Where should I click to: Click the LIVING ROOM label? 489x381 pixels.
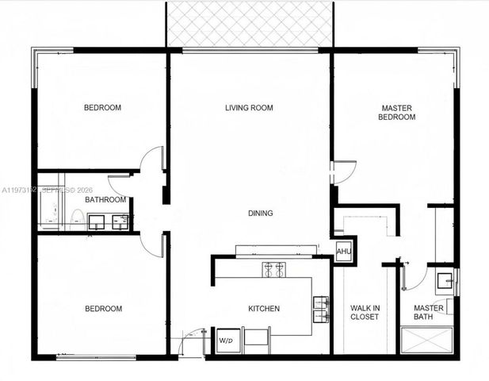tap(249, 108)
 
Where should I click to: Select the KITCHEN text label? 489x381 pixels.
tap(264, 309)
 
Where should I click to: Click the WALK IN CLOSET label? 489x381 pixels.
tap(365, 312)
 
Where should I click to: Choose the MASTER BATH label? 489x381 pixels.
tap(428, 313)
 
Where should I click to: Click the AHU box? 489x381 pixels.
tap(343, 251)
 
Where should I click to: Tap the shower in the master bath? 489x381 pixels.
tap(428, 342)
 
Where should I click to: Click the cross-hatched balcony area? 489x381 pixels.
tap(248, 24)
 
